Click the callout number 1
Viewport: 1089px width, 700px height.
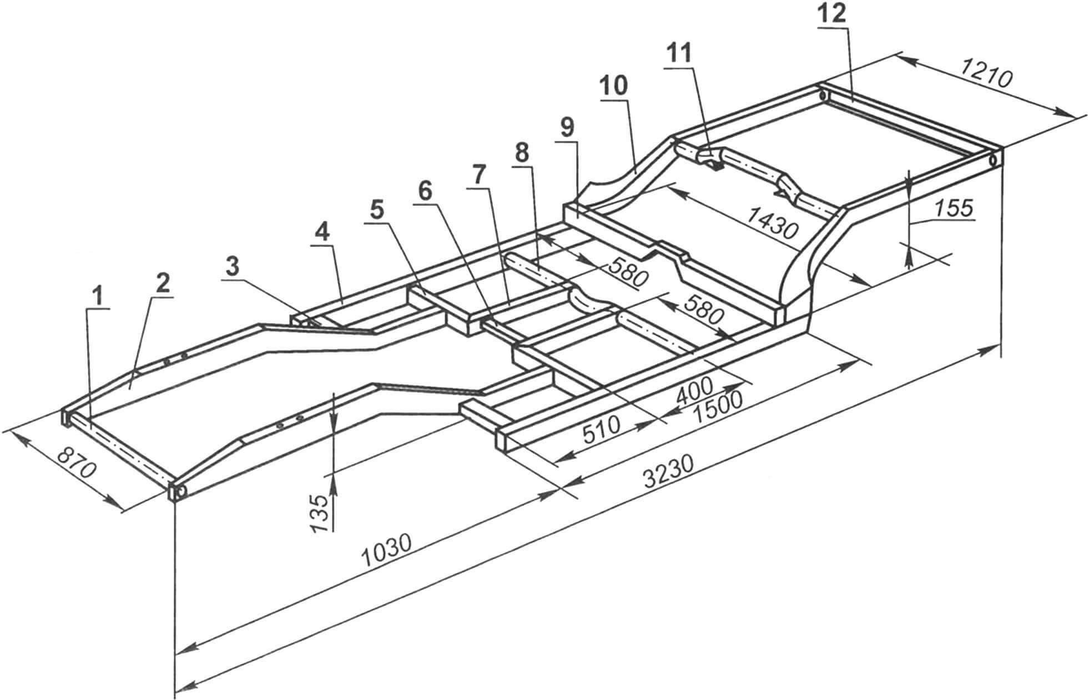pyautogui.click(x=98, y=299)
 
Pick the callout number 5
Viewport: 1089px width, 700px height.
pyautogui.click(x=377, y=209)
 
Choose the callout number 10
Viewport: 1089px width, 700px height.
pyautogui.click(x=613, y=87)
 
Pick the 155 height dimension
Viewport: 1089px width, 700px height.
pyautogui.click(x=954, y=208)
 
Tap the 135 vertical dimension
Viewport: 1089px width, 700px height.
pyautogui.click(x=319, y=513)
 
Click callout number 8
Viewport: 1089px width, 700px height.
pyautogui.click(x=521, y=155)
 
